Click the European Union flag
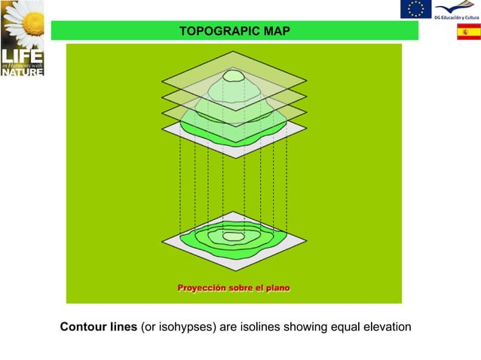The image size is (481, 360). pyautogui.click(x=415, y=9)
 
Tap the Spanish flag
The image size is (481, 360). pyautogui.click(x=468, y=32)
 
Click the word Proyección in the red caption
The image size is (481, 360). pyautogui.click(x=199, y=288)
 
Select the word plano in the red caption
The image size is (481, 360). pyautogui.click(x=276, y=288)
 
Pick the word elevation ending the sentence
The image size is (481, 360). pyautogui.click(x=386, y=327)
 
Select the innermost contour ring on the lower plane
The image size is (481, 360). pyautogui.click(x=234, y=236)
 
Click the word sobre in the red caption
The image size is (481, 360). pyautogui.click(x=237, y=288)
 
